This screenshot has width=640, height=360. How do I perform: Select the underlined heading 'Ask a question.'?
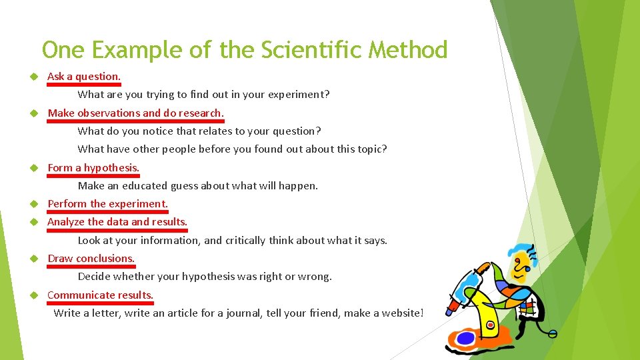84,77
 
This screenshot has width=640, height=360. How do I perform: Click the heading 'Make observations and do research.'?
135,113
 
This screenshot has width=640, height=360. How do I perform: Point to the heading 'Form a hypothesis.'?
93,168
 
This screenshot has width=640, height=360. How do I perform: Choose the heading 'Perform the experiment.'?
108,204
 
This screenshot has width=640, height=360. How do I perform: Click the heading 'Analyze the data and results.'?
117,222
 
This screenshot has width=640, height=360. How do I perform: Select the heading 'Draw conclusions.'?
91,259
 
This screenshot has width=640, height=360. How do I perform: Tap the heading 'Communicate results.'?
100,295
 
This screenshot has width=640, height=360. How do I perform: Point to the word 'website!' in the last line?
403,313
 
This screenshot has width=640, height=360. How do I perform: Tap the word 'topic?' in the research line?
371,149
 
